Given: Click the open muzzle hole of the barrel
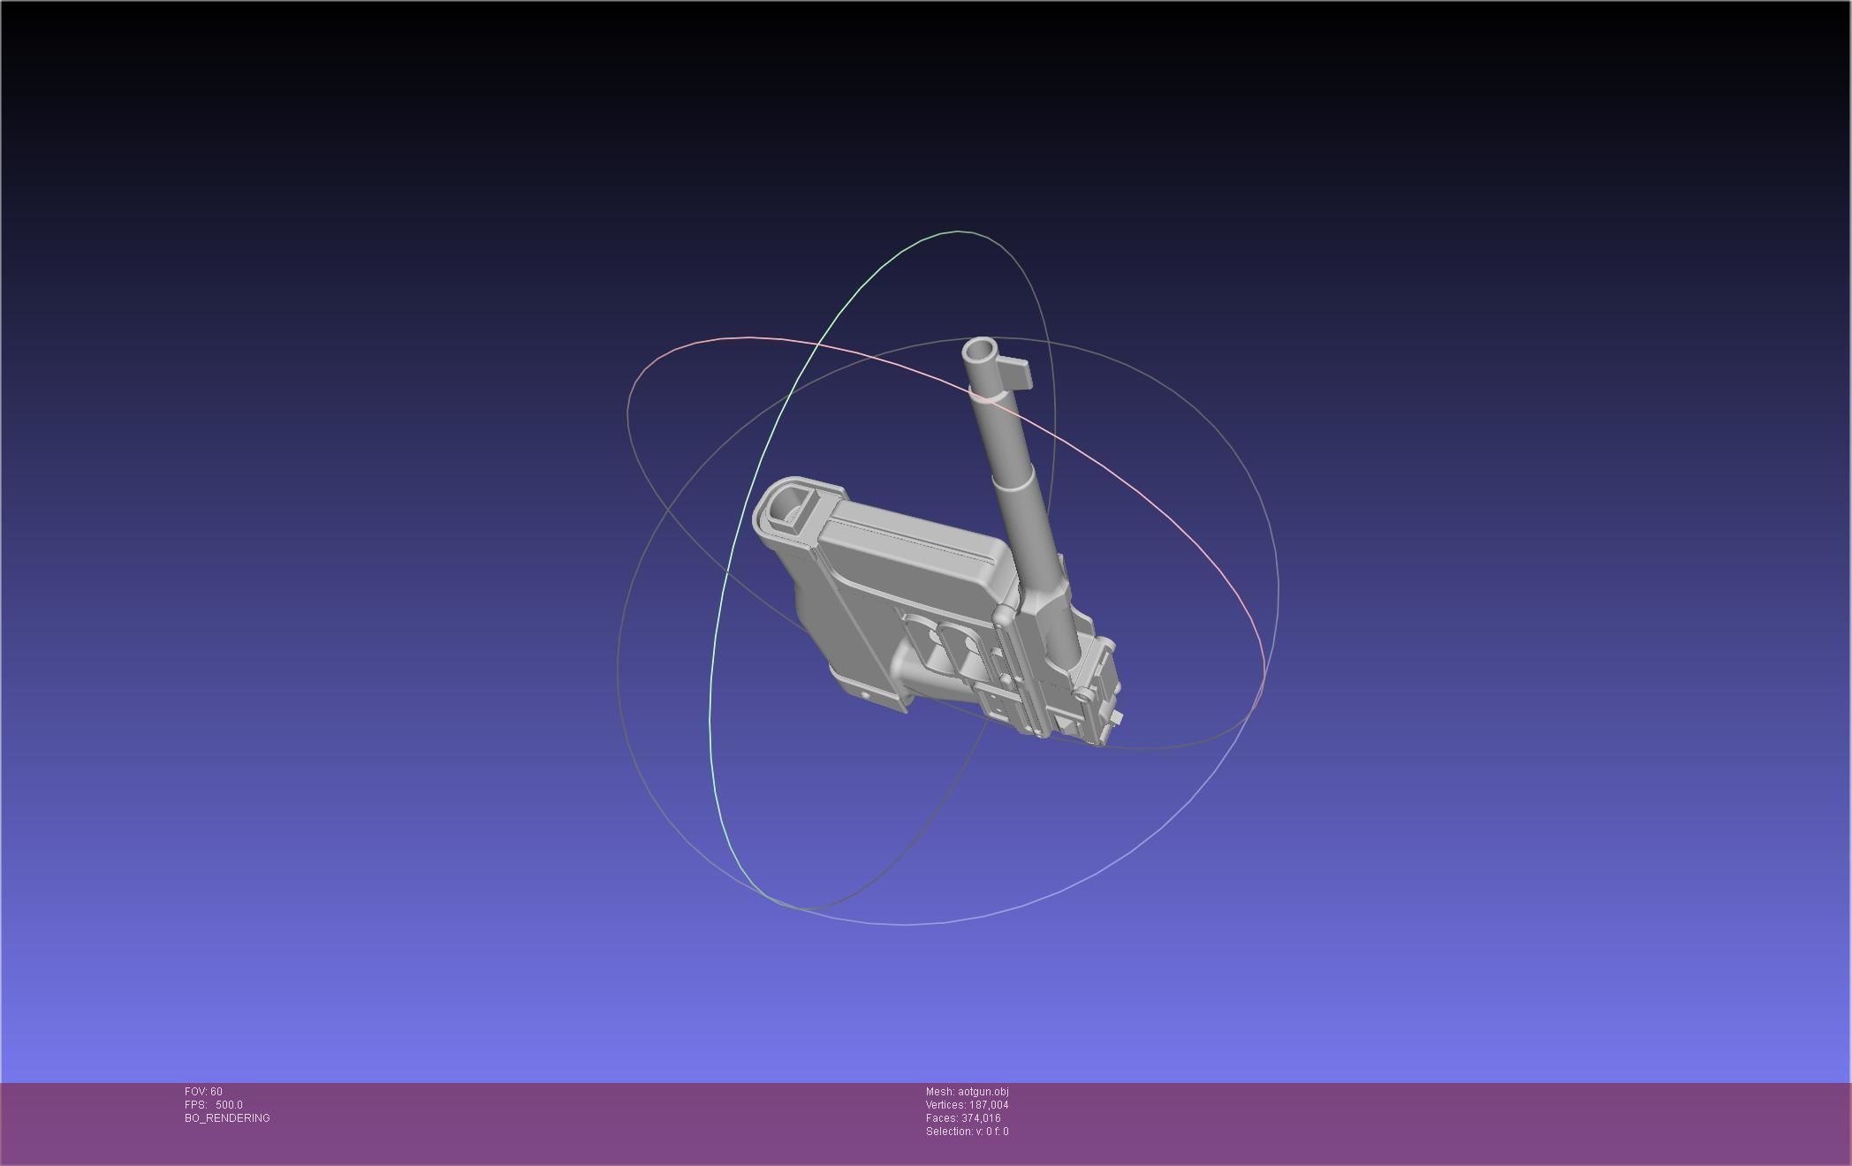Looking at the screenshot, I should [979, 352].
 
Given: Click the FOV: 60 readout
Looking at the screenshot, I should [203, 1092].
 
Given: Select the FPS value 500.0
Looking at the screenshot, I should [229, 1105].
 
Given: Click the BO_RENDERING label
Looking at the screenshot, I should [227, 1118].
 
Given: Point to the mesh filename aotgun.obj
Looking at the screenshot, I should [983, 1092].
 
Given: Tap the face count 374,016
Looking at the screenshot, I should [981, 1118].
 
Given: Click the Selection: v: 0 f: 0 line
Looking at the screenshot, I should [967, 1132].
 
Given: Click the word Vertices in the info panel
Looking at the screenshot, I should [945, 1105].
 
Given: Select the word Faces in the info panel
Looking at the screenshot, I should [941, 1118].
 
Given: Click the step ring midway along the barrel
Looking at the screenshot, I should [1013, 481].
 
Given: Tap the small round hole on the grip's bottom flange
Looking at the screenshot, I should [864, 695].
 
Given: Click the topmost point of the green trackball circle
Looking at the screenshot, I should [959, 231].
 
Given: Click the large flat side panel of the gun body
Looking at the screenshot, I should [910, 565].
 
